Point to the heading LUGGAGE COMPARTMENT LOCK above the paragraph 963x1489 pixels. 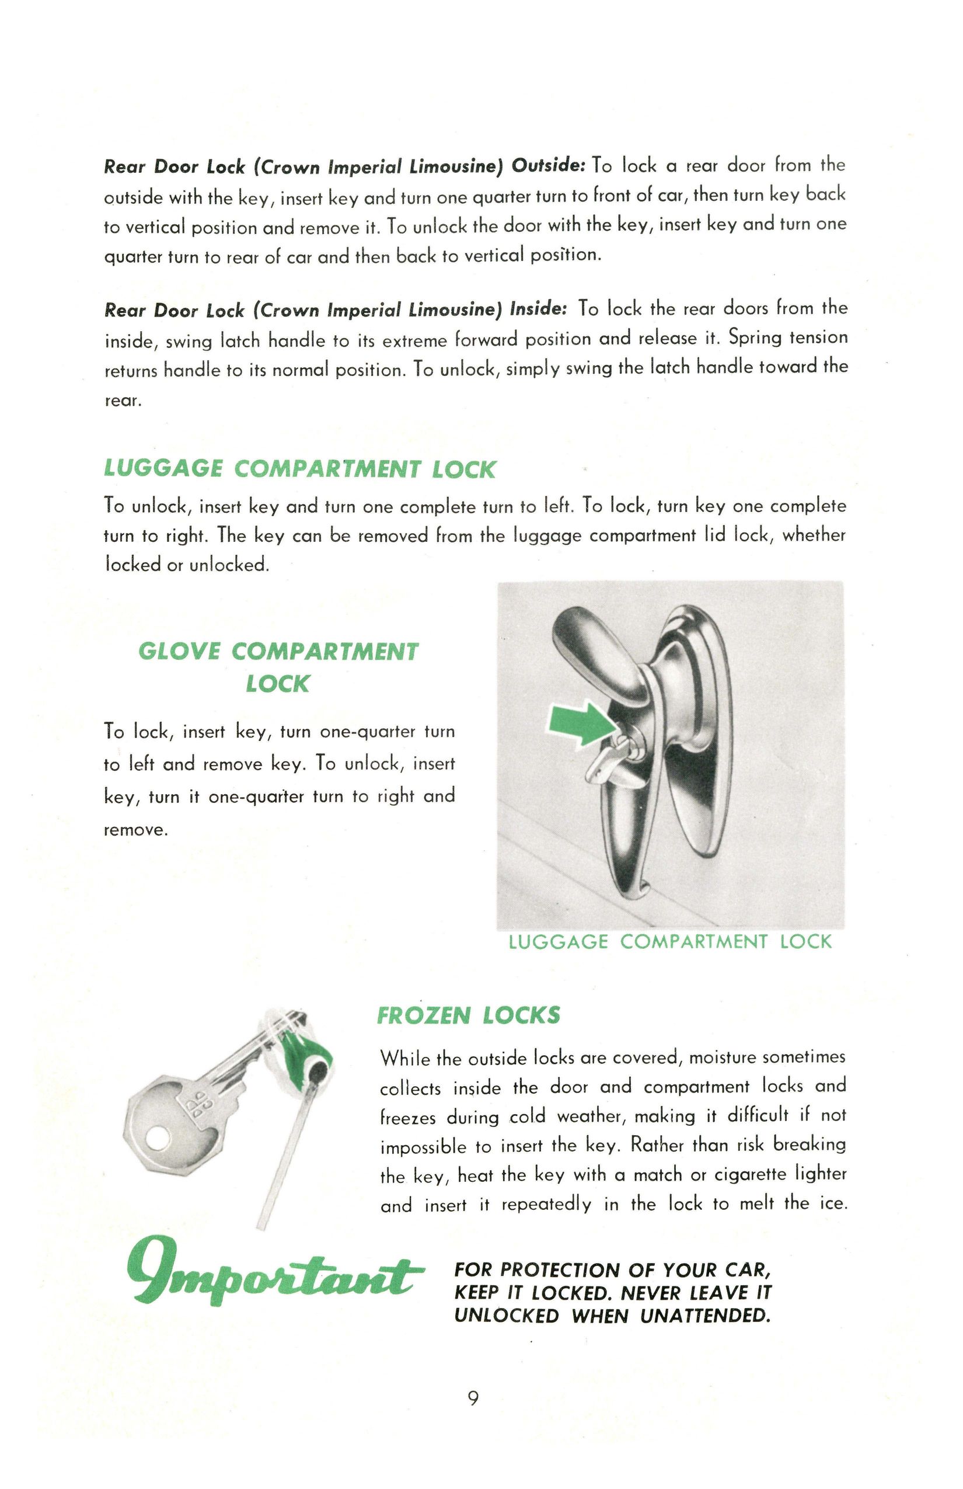(x=299, y=469)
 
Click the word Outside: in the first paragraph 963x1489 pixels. (x=549, y=166)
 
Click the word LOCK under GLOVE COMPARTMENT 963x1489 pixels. (x=277, y=684)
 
